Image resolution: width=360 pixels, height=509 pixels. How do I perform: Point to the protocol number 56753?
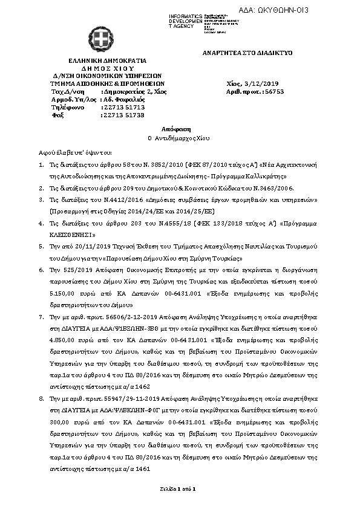(x=274, y=91)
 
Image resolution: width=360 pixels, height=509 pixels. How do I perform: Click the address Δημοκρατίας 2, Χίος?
(x=135, y=91)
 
